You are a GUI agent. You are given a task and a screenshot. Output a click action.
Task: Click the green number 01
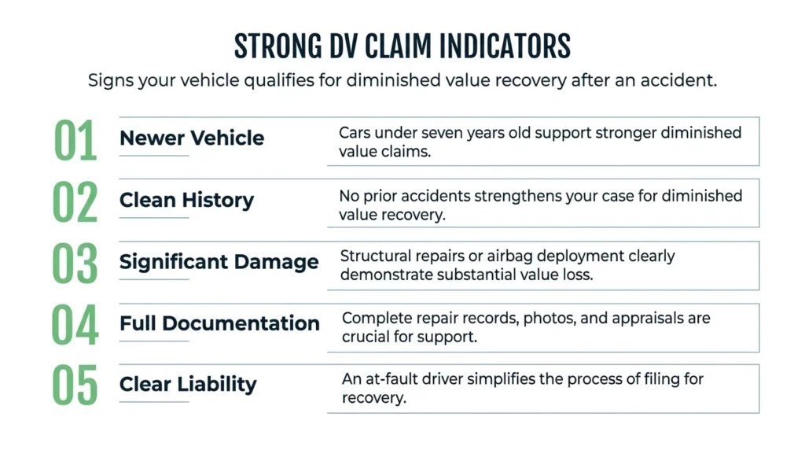coord(75,140)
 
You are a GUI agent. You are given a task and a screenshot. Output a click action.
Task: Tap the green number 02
coord(75,202)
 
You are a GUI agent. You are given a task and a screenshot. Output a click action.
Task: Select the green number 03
coord(75,264)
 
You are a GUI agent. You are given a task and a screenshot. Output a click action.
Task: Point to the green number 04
coord(75,325)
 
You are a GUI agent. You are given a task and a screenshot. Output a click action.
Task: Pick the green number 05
coord(75,385)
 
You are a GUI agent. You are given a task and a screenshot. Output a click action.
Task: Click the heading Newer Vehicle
coord(192,138)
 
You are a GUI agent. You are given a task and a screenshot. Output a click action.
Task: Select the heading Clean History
coord(186,201)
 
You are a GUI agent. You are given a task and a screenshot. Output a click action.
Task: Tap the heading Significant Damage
coord(219,262)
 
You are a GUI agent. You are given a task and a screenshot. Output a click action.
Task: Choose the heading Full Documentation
coord(219,323)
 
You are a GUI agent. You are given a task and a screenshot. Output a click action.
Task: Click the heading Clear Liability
coord(188,384)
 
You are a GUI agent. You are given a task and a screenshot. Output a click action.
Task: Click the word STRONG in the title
coord(278,46)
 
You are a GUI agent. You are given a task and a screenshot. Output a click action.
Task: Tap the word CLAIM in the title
coord(398,46)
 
